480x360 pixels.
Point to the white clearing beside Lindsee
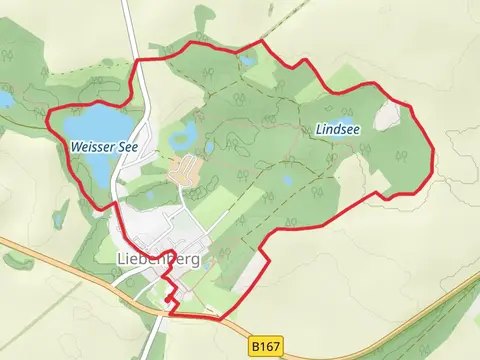tap(386, 118)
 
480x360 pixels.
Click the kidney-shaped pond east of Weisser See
tap(184, 135)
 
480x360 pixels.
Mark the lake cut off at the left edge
tap(5, 99)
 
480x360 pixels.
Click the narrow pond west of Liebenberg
tap(62, 212)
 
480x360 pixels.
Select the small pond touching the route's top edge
tap(247, 60)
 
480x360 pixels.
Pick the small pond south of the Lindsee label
tap(288, 180)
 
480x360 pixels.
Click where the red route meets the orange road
tap(170, 313)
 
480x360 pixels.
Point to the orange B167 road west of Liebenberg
tap(60, 262)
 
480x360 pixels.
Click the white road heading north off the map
tap(128, 20)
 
